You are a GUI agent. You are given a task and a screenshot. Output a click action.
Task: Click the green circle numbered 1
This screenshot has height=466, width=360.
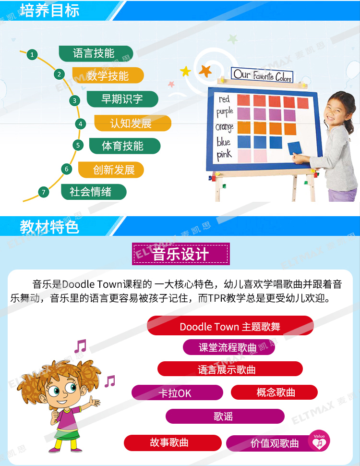pyautogui.click(x=32, y=55)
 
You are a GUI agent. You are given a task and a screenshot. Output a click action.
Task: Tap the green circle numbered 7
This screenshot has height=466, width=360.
pyautogui.click(x=44, y=192)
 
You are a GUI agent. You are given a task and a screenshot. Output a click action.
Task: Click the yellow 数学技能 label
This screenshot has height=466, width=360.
pyautogui.click(x=108, y=75)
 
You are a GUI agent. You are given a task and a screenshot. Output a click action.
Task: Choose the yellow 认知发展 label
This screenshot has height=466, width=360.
pyautogui.click(x=133, y=123)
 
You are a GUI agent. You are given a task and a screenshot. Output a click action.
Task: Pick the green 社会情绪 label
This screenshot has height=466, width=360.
pyautogui.click(x=94, y=192)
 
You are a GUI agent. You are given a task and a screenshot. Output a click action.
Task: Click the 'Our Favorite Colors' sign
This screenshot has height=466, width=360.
pyautogui.click(x=262, y=75)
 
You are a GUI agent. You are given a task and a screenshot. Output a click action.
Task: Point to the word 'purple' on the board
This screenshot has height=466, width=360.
pyautogui.click(x=225, y=112)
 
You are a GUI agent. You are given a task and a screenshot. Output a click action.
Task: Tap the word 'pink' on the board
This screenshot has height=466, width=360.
pyautogui.click(x=224, y=155)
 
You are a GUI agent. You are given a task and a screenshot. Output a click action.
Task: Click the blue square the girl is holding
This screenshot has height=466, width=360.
pyautogui.click(x=294, y=148)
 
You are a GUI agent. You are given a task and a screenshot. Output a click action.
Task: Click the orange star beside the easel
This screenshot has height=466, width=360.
pyautogui.click(x=205, y=71)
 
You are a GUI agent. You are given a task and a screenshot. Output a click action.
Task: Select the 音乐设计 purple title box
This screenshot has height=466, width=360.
pyautogui.click(x=181, y=254)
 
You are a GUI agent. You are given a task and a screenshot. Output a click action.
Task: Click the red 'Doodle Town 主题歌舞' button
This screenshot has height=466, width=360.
pyautogui.click(x=230, y=326)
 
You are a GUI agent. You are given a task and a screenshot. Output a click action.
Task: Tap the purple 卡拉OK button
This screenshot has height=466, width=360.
pyautogui.click(x=177, y=393)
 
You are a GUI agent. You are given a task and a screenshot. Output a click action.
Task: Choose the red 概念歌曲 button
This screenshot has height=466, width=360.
pyautogui.click(x=274, y=392)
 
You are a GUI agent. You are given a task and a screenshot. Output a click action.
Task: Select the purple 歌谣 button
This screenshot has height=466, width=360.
pyautogui.click(x=225, y=416)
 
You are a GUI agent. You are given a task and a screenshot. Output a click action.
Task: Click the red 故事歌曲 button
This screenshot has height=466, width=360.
pyautogui.click(x=173, y=442)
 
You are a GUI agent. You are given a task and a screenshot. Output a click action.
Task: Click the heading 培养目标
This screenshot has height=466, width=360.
pyautogui.click(x=49, y=11)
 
